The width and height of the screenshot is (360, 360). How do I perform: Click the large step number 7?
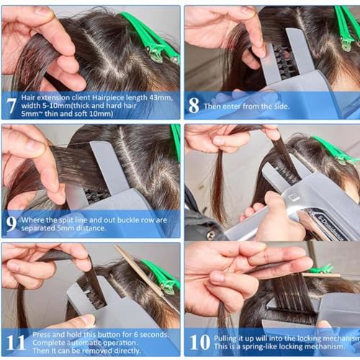coord(12,106)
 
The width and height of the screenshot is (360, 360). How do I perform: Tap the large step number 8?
coord(194,106)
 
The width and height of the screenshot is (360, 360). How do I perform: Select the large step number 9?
coord(12,224)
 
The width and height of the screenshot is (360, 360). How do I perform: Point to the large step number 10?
coord(200,343)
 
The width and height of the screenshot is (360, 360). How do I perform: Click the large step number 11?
coord(16,343)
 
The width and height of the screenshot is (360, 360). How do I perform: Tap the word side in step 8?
coord(282,107)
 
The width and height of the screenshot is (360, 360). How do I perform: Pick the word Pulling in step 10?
coord(225,339)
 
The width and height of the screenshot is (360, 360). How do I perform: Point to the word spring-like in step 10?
coord(259,347)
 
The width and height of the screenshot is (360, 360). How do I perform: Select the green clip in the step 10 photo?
coord(321,269)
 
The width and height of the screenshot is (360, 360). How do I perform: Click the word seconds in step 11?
coord(154,335)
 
